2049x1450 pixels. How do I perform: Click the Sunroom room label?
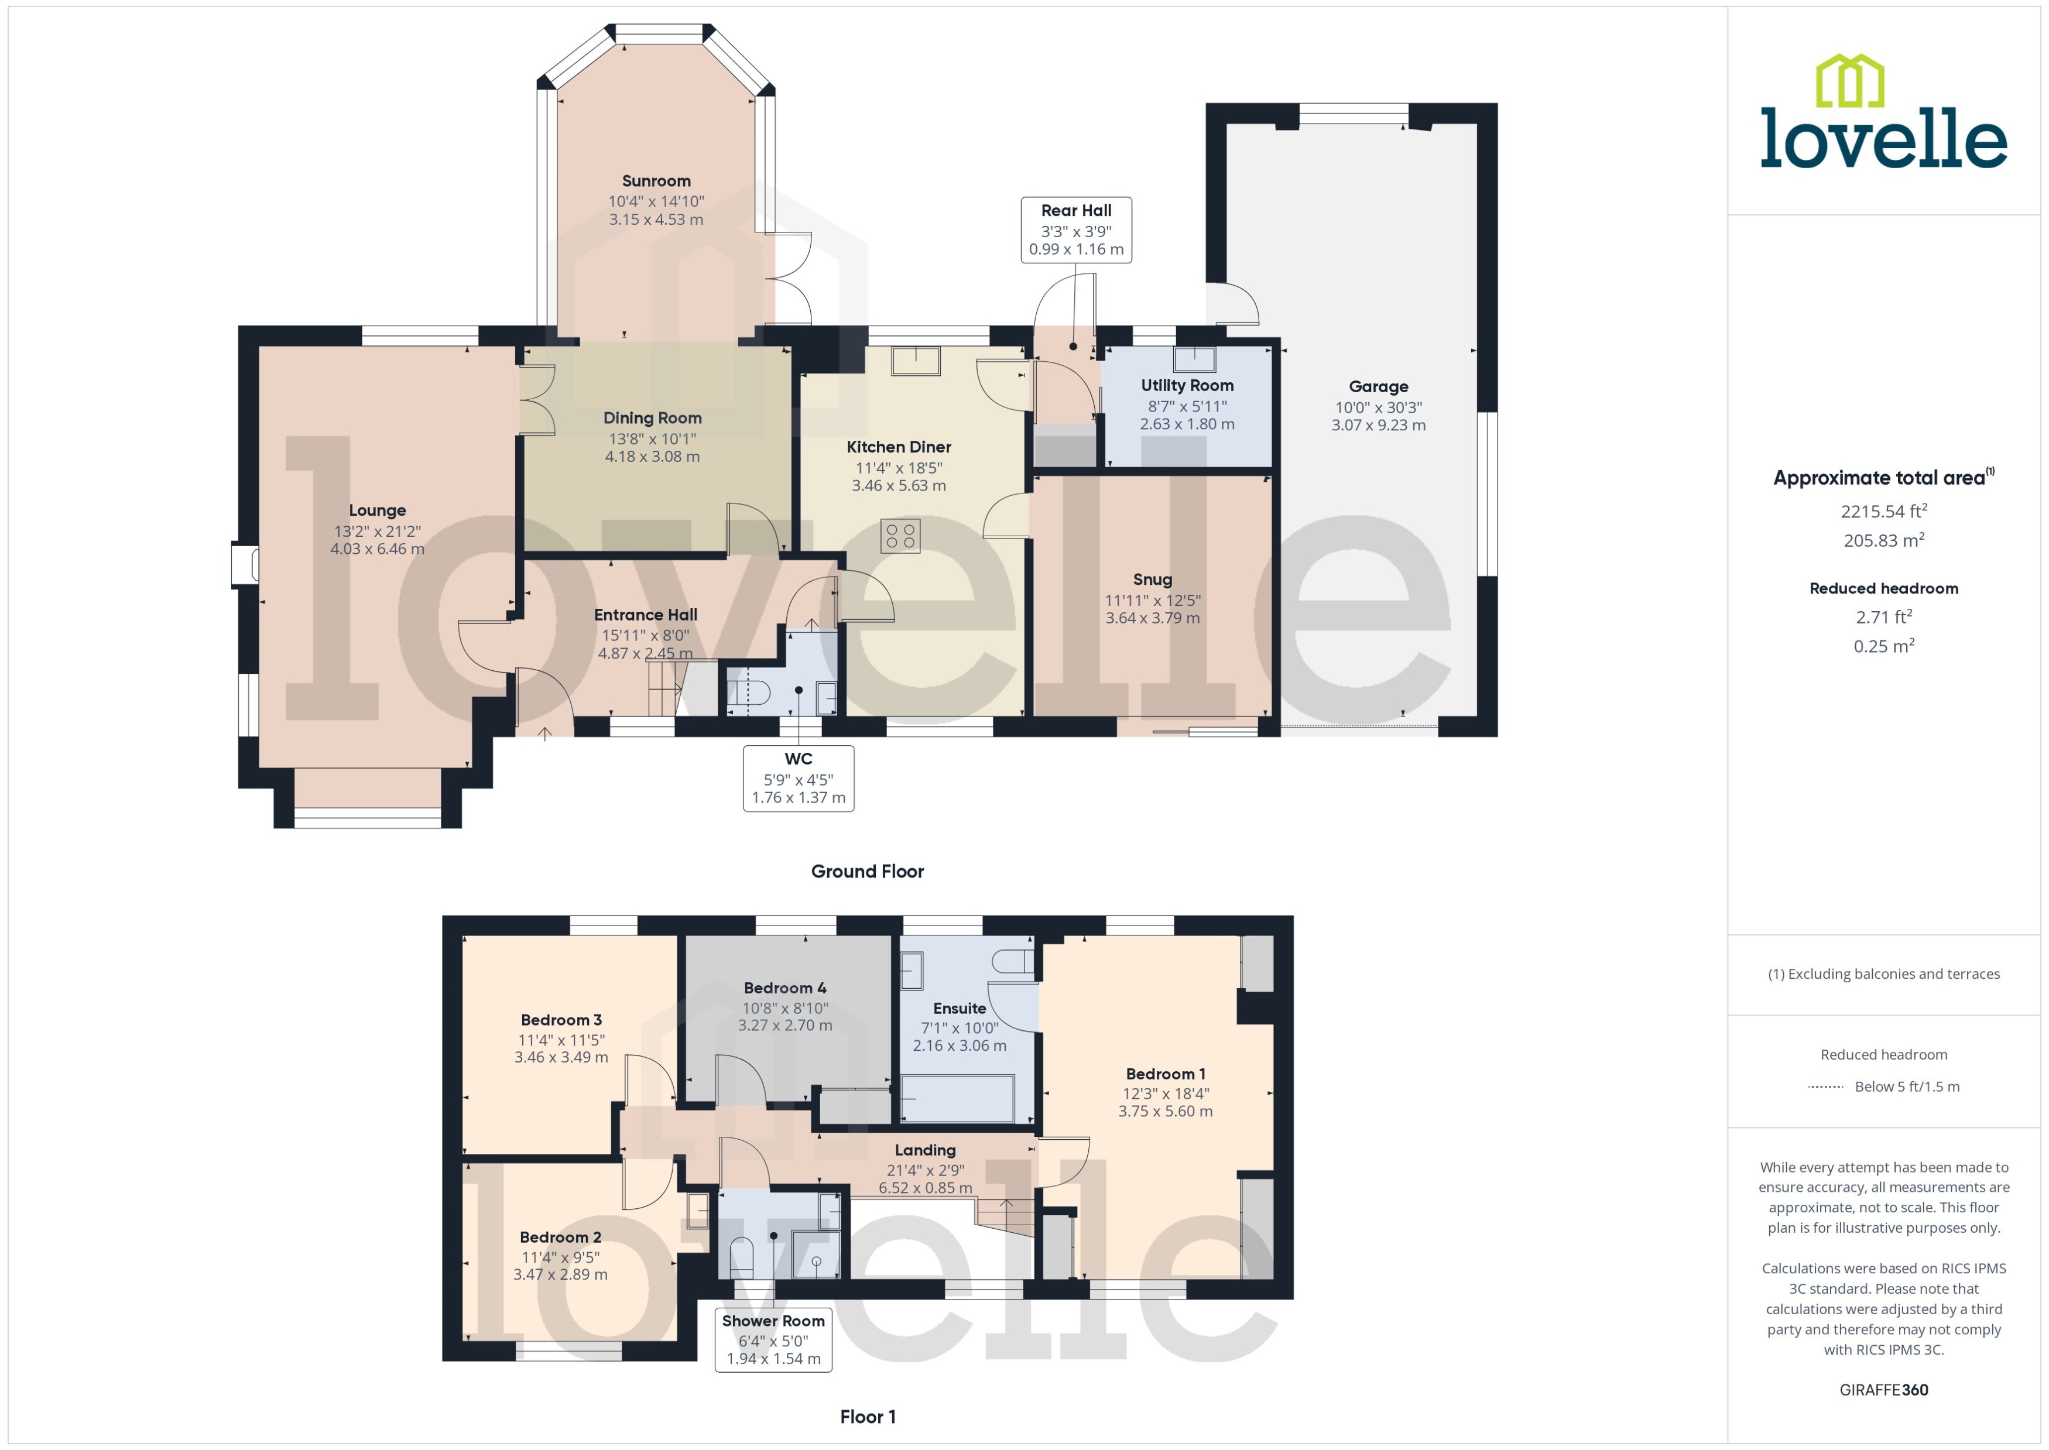click(656, 181)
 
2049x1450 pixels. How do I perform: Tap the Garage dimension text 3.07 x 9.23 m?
click(1379, 425)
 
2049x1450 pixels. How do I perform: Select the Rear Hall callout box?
click(1076, 231)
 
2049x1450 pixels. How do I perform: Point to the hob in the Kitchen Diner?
click(900, 536)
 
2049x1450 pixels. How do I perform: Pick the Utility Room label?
click(1187, 386)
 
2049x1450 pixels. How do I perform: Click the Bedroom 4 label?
click(785, 988)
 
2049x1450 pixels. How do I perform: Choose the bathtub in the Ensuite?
click(957, 1098)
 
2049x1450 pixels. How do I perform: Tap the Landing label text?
click(925, 1150)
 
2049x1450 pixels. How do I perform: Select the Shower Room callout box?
click(773, 1339)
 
